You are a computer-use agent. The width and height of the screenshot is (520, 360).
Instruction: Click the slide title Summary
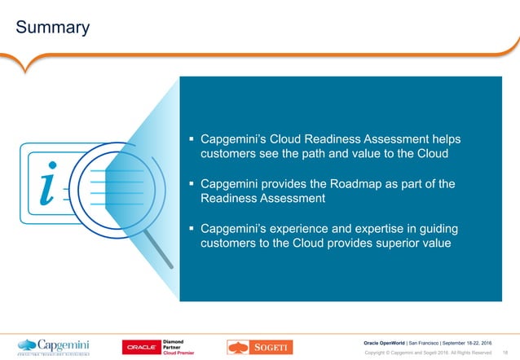click(x=53, y=28)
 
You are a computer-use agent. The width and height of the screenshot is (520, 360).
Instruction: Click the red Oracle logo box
click(x=143, y=347)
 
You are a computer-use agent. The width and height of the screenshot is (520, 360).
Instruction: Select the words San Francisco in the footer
click(x=430, y=341)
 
